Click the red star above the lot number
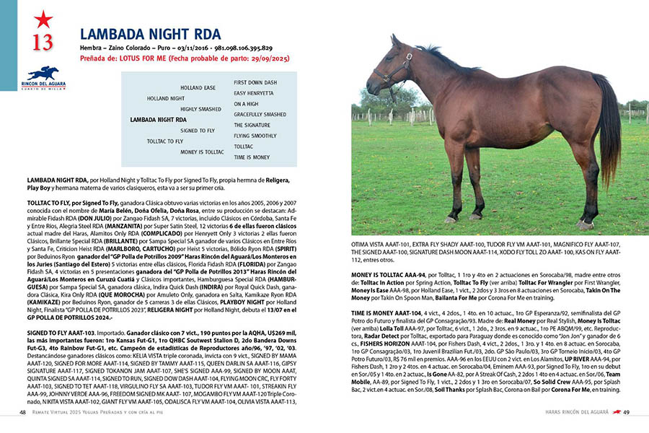tap(43, 19)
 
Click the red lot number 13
tap(43, 42)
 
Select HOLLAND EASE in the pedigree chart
tap(198, 87)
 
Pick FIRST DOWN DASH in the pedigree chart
tap(255, 82)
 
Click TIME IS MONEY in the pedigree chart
tap(252, 157)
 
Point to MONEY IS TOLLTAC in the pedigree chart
tap(202, 152)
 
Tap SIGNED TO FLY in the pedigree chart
tap(198, 131)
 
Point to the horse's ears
tap(396, 40)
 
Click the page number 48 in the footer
tap(23, 412)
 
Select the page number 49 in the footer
tap(627, 412)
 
